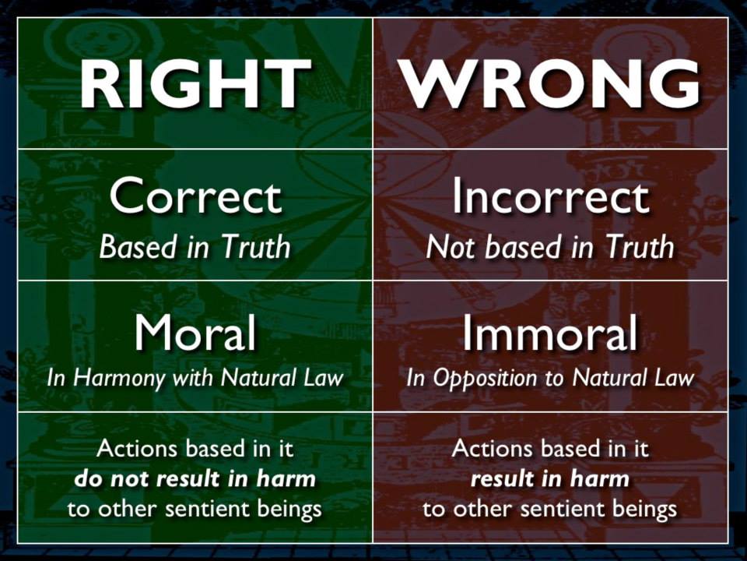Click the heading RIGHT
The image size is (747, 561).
195,84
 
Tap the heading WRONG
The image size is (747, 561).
549,84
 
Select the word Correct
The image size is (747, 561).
195,196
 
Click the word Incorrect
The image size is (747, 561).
550,196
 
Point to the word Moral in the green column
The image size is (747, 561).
195,332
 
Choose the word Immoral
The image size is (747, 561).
550,332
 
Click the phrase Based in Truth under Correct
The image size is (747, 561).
195,247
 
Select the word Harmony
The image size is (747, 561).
120,379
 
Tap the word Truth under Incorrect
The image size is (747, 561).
640,247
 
